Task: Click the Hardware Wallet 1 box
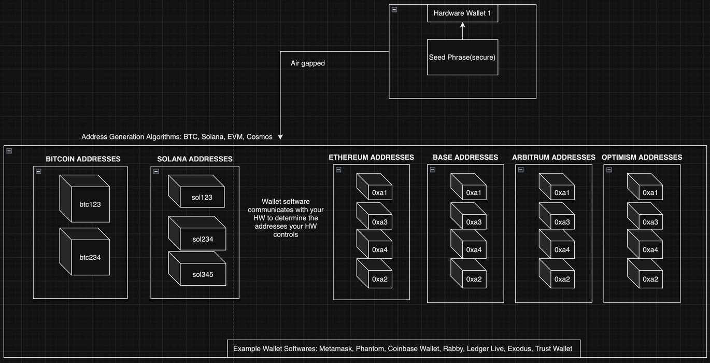462,13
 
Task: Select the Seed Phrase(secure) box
462,57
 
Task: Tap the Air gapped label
308,63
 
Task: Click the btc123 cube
86,200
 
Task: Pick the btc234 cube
86,253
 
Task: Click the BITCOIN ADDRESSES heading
83,159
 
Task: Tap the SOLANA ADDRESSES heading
195,159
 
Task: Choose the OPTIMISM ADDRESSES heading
642,157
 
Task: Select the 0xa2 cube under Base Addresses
469,275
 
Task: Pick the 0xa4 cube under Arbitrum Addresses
558,246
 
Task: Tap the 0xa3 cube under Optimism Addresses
646,218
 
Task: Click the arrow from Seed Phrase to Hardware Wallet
463,31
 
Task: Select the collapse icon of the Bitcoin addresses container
38,172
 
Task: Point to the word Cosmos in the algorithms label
259,137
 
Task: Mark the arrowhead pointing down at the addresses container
280,137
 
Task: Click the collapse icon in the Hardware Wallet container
394,10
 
